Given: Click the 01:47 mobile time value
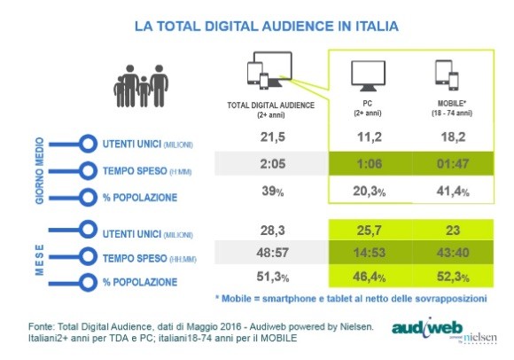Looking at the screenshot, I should tap(451, 168).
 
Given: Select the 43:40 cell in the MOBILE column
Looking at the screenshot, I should tap(451, 255).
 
